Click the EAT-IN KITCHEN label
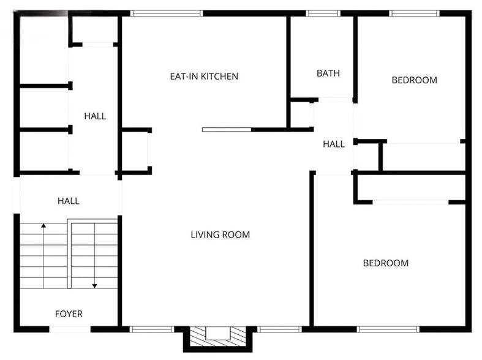[x=204, y=77]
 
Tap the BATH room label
[x=328, y=73]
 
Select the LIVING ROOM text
[x=220, y=234]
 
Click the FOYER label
[x=69, y=314]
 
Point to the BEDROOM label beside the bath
[x=415, y=80]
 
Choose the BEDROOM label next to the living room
[x=386, y=263]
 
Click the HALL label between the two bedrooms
[x=334, y=144]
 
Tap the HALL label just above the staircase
[x=69, y=200]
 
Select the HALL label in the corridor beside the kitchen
[x=95, y=116]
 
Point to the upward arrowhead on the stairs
[x=43, y=227]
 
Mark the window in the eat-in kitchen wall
[x=167, y=13]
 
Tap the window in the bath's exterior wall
[x=323, y=13]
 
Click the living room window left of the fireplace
[x=151, y=329]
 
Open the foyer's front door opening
[x=70, y=329]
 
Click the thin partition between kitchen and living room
[x=227, y=130]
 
